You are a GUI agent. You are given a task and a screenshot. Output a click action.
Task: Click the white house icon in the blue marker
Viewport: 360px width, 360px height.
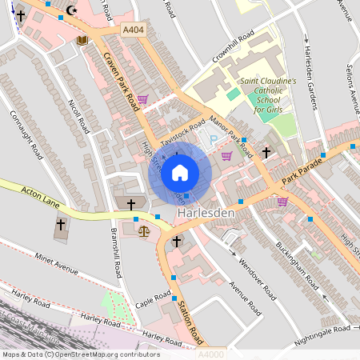[180, 172]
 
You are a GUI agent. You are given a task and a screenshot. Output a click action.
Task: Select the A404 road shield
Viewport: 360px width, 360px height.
[134, 30]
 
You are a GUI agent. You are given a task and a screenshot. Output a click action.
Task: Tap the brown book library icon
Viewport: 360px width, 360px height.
[81, 40]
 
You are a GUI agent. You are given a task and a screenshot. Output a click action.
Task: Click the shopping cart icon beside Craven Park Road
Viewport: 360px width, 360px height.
[142, 99]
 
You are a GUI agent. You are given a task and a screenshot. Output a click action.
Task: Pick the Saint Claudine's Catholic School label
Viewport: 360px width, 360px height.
[268, 94]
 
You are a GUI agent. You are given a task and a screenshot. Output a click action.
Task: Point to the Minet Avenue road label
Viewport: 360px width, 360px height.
[56, 265]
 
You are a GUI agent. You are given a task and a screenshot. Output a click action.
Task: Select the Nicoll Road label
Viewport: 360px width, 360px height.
[76, 115]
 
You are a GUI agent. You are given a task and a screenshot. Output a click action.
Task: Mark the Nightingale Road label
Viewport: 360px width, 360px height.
[319, 329]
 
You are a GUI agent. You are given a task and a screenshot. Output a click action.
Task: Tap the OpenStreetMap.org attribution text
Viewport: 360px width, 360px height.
[80, 354]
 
